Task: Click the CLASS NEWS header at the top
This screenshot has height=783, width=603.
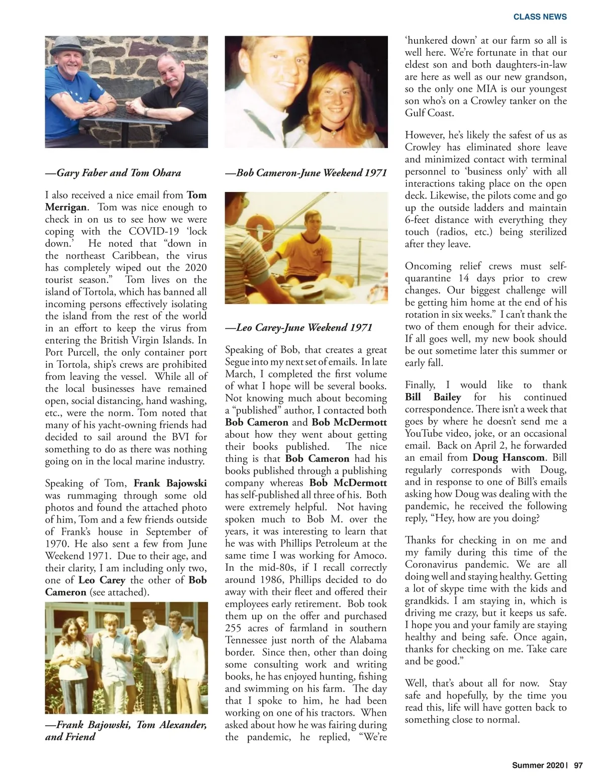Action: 540,17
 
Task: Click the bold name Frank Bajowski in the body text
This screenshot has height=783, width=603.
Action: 170,483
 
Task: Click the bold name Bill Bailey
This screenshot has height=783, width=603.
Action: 433,397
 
